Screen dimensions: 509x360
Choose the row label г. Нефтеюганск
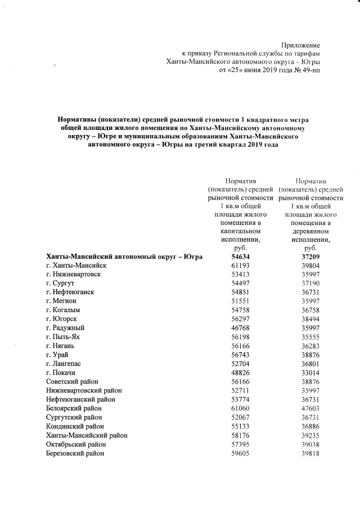pos(70,292)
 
